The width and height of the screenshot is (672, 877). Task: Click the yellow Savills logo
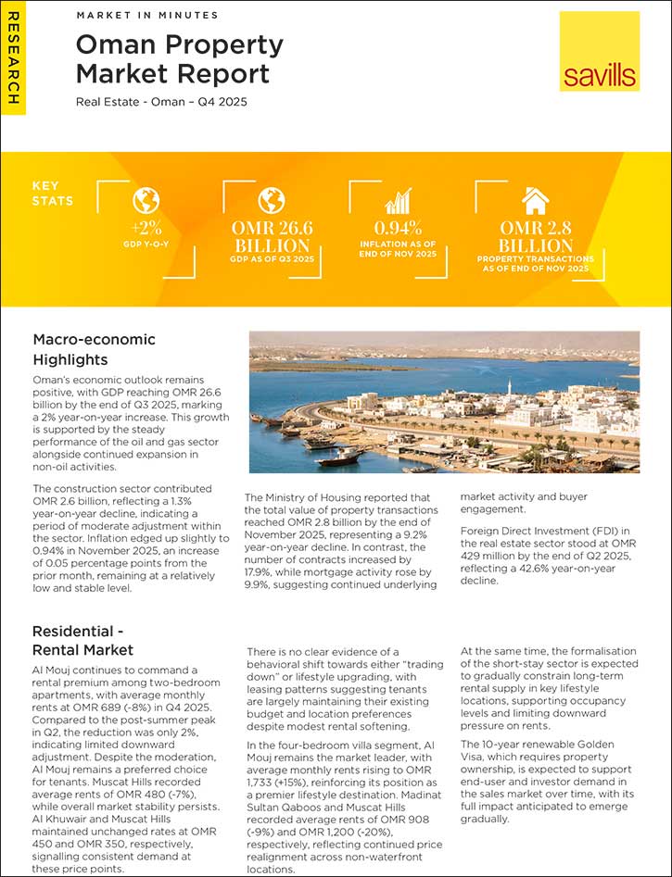point(599,51)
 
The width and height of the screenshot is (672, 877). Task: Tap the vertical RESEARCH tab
point(13,59)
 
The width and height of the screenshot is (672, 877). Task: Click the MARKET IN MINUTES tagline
point(146,16)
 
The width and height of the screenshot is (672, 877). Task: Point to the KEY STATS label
point(52,193)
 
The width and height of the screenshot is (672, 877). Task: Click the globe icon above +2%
point(146,200)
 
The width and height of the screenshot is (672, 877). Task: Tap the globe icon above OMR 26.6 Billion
point(271,200)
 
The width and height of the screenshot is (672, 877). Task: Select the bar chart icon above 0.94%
point(398,201)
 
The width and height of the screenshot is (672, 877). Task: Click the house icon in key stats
point(535,200)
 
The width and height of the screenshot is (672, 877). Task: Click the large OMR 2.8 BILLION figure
point(535,237)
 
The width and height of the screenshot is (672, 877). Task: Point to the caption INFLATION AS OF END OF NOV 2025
point(398,249)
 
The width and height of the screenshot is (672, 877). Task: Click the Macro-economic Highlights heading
point(95,349)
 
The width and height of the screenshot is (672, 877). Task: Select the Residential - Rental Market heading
point(83,640)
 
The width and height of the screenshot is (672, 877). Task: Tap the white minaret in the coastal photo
point(509,388)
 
